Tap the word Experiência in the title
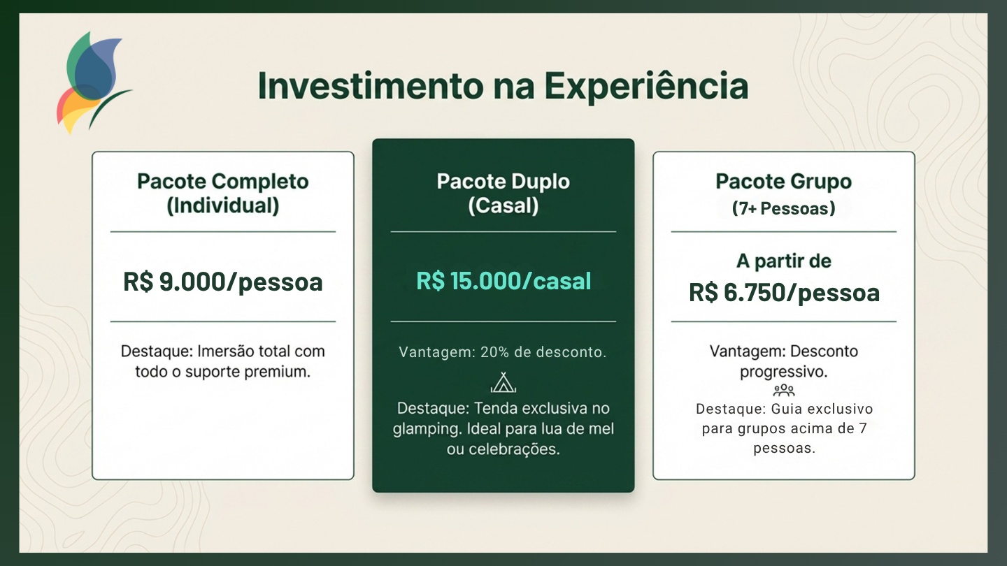pos(646,87)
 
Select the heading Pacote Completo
pos(223,182)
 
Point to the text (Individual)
pos(223,205)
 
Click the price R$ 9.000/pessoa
pos(223,282)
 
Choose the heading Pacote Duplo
pos(503,182)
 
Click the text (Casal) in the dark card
pos(503,205)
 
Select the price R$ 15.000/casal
pos(503,281)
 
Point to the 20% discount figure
pos(495,352)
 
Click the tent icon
pos(503,382)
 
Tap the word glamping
pos(427,429)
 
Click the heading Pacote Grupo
pos(783,182)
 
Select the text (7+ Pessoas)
pos(783,208)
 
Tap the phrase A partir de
pos(783,261)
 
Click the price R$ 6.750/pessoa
pos(784,293)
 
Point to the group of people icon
pos(784,390)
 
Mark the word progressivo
pos(783,372)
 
